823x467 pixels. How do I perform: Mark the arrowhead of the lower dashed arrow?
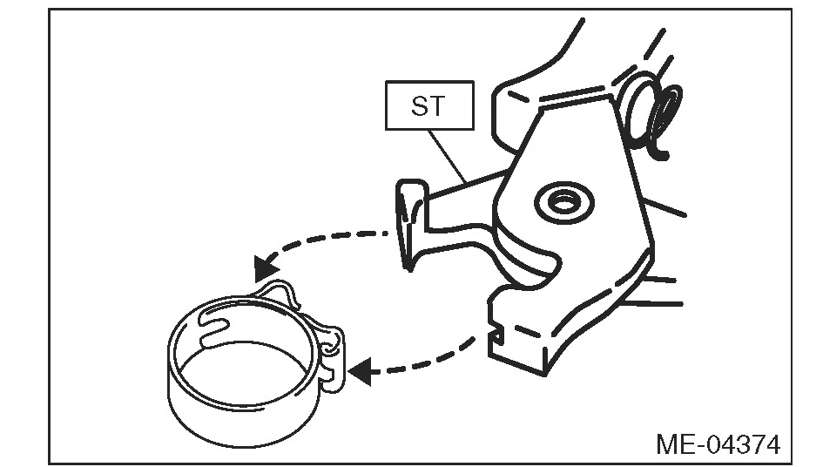point(364,371)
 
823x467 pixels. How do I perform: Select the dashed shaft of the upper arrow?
point(331,240)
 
